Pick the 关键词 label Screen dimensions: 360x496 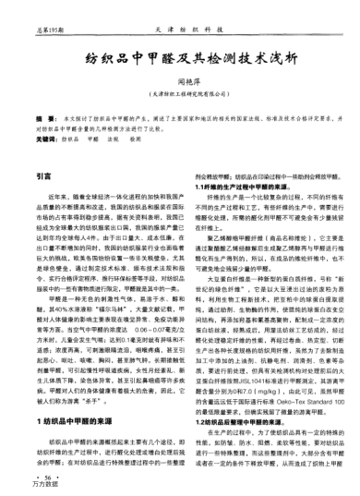(x=42, y=137)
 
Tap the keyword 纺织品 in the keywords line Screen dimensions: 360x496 (x=70, y=137)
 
